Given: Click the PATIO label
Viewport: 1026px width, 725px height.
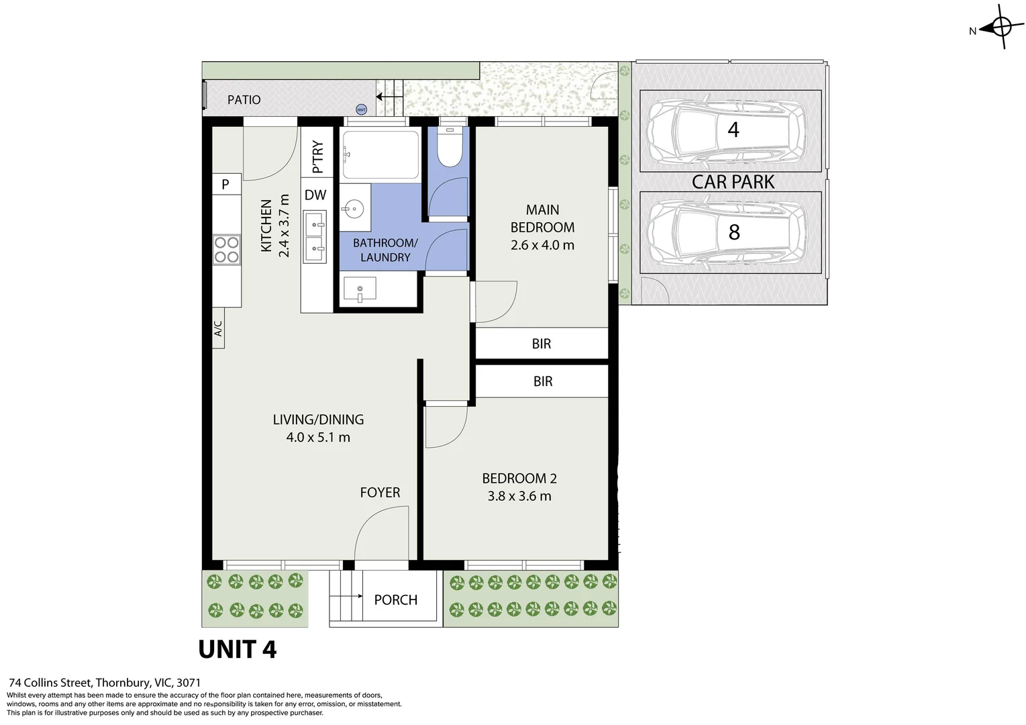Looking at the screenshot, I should coord(244,100).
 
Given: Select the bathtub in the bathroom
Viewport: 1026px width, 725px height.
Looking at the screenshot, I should coord(380,154).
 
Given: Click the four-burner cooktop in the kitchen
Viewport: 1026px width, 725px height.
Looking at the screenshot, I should coord(226,249).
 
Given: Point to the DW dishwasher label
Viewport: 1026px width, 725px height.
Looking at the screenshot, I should coord(315,195).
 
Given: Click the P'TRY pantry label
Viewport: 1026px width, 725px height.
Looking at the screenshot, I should coord(317,156).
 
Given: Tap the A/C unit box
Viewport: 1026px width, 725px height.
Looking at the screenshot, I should coord(218,328).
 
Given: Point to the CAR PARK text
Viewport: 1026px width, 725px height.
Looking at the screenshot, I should coord(733,182).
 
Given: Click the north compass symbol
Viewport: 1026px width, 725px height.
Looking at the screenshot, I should coord(1000,28).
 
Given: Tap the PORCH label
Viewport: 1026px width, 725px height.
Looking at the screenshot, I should coord(395,600).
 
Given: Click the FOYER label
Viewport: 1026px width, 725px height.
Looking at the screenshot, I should coord(380,493).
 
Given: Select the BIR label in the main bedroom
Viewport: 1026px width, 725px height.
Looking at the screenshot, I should coord(541,344).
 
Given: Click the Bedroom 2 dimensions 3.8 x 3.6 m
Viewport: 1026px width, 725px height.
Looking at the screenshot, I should coord(519,497).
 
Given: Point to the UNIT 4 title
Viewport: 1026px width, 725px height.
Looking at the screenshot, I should coord(238,650).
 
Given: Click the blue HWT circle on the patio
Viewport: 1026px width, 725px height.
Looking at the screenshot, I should coord(361,109).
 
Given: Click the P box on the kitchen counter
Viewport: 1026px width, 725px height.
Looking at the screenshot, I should coord(225,184).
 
